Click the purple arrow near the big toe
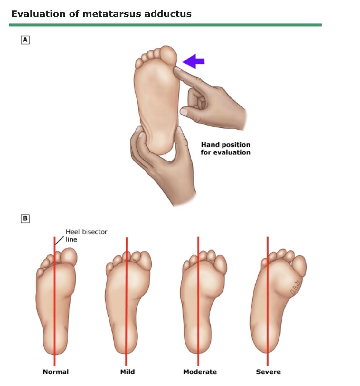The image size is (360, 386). tap(193, 61)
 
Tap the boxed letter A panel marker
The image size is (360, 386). tap(25, 40)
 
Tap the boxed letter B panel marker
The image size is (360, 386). tap(25, 219)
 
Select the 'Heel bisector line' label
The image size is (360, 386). tap(86, 235)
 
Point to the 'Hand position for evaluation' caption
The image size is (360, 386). tap(225, 149)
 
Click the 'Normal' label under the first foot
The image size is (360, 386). tap(56, 372)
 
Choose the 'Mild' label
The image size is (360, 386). tap(127, 372)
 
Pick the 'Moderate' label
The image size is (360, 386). tap(200, 372)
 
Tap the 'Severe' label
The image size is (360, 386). tap(268, 372)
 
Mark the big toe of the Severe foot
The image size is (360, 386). tap(299, 265)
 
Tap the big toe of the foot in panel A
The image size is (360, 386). tap(169, 55)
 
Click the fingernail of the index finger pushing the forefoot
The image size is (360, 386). tap(177, 69)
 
